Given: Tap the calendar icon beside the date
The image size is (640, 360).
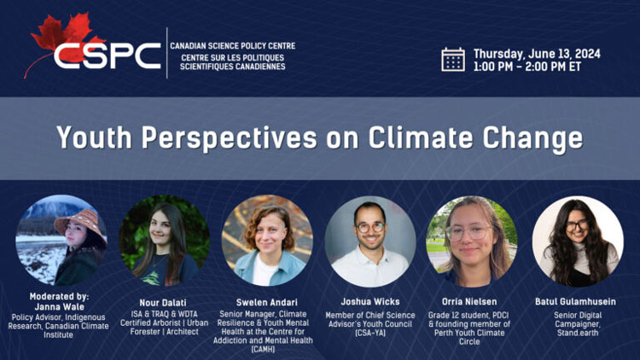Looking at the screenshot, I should (453, 59).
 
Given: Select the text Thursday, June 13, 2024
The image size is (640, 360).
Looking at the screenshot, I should (537, 53).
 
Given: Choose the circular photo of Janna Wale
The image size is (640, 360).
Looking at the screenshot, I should (61, 241).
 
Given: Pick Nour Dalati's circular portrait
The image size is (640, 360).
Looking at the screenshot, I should (164, 241).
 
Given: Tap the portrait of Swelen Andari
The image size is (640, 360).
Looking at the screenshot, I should (267, 241).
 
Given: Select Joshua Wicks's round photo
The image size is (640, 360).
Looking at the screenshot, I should (370, 241).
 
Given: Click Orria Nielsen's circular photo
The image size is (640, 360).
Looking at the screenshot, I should (472, 241).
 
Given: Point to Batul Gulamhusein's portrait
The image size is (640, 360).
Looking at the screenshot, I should (577, 241).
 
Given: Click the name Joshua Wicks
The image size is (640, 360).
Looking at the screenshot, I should (369, 301).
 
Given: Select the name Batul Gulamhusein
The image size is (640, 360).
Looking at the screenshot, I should (577, 301).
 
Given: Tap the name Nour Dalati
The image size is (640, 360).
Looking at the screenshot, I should (164, 301).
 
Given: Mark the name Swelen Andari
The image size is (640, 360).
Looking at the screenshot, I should (266, 301).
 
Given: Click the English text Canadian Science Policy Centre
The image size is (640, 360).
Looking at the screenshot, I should (232, 46).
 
